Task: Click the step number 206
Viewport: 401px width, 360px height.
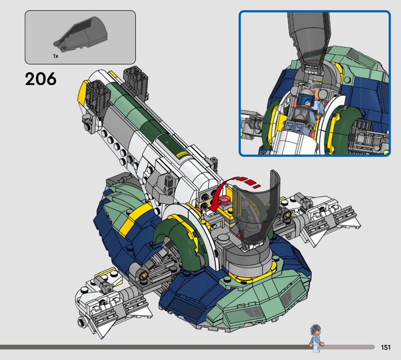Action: [41, 79]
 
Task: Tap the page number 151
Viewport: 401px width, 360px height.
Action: [385, 347]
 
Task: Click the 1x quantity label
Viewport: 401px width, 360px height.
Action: [56, 56]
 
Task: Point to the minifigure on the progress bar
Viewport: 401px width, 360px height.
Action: [316, 338]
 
